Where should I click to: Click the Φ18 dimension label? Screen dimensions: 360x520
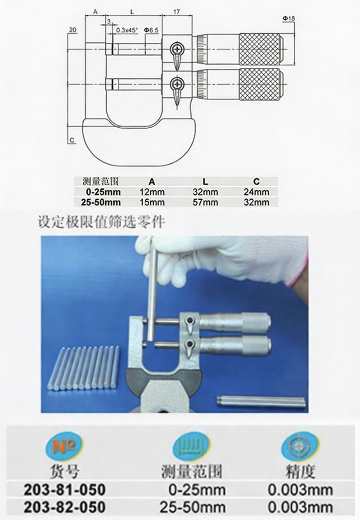tap(288, 18)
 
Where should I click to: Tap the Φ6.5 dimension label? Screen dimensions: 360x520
tap(151, 30)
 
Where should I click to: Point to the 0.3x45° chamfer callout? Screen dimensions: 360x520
tap(127, 30)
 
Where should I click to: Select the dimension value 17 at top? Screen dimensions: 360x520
tap(176, 12)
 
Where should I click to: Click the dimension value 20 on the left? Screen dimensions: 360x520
tap(72, 30)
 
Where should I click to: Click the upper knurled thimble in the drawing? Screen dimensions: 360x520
tap(261, 49)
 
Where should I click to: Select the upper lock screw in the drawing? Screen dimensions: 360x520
tap(177, 49)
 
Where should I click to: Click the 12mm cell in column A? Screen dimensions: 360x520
tap(152, 192)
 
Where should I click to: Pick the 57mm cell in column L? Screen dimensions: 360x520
tap(205, 202)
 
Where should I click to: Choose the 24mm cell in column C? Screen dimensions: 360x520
tap(256, 192)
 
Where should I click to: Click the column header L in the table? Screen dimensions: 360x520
tap(205, 181)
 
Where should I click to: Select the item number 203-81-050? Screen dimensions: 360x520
tap(65, 489)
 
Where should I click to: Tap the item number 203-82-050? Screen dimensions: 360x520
tap(65, 507)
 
